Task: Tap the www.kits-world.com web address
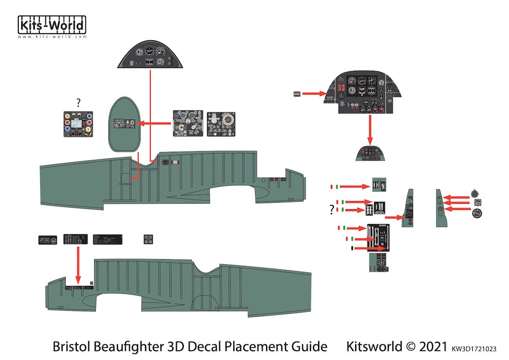coord(52,37)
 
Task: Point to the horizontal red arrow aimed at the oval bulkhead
coord(155,123)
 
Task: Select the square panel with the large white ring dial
coord(221,124)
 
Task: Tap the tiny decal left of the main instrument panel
coord(297,94)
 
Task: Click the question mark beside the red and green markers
coord(332,209)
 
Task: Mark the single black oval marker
coord(352,248)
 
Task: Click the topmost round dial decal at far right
coord(476,193)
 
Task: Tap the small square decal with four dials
coord(149,239)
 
